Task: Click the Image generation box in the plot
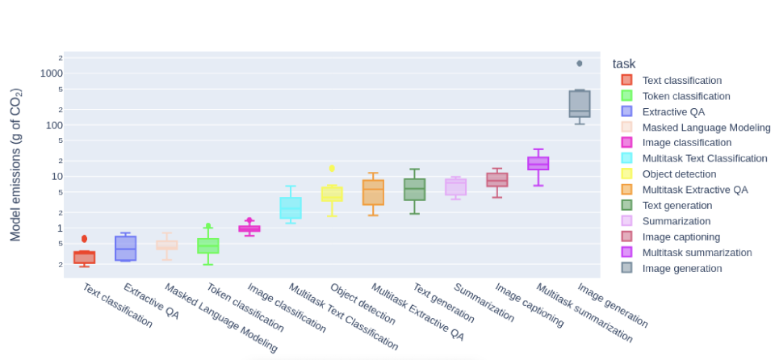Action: tap(580, 103)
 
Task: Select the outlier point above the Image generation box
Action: tap(580, 63)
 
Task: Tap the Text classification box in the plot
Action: tap(84, 257)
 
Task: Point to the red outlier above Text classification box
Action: tap(84, 239)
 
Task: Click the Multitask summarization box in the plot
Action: tap(538, 163)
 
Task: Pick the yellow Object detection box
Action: tap(332, 194)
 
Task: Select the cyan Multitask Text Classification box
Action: tap(291, 207)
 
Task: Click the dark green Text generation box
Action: tap(414, 190)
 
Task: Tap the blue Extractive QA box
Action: tap(125, 248)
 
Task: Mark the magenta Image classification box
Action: tap(249, 228)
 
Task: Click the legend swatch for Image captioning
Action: tap(626, 237)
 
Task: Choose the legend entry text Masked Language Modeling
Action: tap(706, 128)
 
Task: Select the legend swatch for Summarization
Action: tap(626, 221)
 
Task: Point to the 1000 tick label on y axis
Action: tap(50, 73)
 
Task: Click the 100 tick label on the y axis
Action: tap(52, 125)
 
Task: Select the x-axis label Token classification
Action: tap(245, 308)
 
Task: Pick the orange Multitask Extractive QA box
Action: tap(373, 193)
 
